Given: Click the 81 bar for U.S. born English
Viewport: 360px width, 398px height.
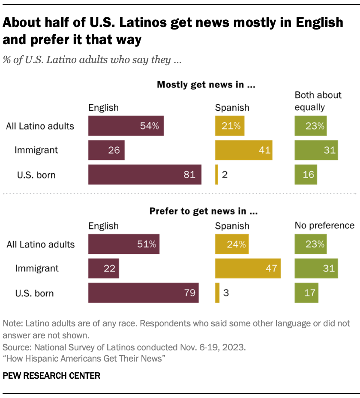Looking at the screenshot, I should (x=144, y=175).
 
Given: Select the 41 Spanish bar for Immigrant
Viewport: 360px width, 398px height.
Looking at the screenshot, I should (x=243, y=150).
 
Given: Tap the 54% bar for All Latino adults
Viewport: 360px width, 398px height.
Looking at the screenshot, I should (x=126, y=126).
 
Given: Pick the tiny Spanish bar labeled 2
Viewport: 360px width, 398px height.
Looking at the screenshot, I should (x=216, y=175).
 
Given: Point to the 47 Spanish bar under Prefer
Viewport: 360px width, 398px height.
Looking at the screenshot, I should (x=248, y=269).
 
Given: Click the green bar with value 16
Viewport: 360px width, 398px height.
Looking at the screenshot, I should (x=306, y=175).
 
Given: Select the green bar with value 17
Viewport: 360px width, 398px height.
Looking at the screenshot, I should (x=306, y=293).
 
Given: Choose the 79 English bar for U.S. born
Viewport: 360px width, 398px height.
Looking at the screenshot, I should (x=143, y=293).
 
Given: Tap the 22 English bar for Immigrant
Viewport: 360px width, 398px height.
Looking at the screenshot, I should (x=103, y=269).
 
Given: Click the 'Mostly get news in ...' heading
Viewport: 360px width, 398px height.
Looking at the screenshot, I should (x=206, y=84).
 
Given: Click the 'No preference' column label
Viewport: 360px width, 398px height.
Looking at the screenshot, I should (x=324, y=226).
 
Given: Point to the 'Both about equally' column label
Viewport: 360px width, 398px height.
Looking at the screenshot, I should (x=318, y=101).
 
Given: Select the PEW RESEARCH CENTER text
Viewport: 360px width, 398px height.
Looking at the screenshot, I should (x=51, y=376).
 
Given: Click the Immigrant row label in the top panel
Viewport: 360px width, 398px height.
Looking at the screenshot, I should (x=36, y=150).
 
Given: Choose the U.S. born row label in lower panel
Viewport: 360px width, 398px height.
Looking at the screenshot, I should (x=35, y=293).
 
